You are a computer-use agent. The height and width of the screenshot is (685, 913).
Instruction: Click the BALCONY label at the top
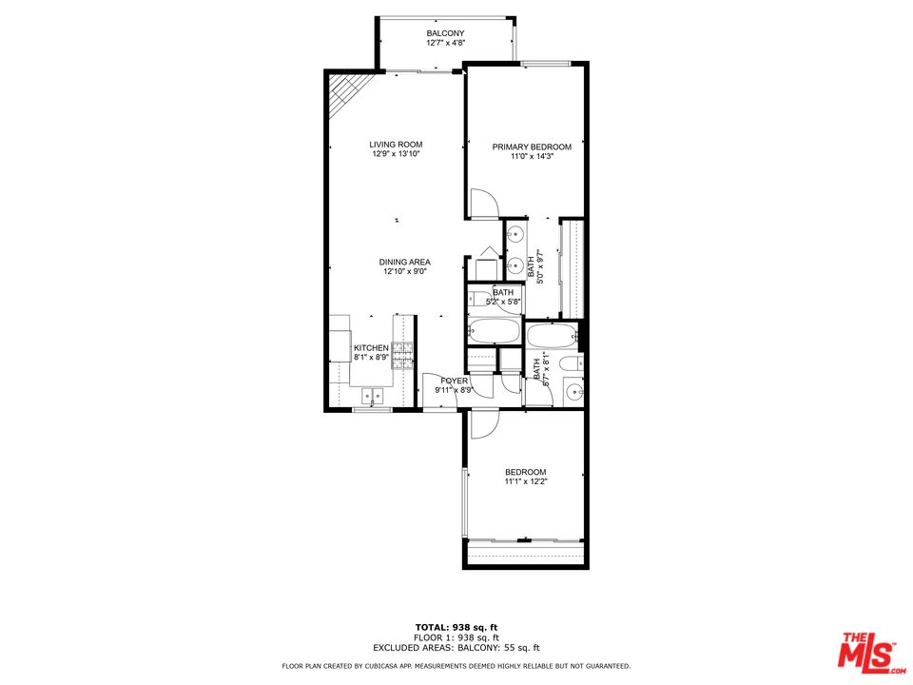pos(445,33)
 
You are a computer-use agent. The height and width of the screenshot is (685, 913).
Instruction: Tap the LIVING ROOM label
pos(396,145)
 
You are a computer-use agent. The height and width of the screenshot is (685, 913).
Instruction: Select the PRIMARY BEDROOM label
pos(532,147)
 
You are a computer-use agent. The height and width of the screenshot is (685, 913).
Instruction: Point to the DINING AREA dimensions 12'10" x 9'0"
pos(405,271)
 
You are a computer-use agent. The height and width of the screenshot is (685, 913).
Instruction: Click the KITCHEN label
pos(371,348)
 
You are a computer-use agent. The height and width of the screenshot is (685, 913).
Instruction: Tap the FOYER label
pos(454,381)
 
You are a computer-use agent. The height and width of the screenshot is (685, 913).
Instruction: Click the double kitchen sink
pos(371,394)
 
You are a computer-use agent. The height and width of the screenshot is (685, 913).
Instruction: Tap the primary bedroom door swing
pos(483,203)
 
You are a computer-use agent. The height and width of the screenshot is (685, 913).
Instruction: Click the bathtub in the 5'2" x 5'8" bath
pos(494,332)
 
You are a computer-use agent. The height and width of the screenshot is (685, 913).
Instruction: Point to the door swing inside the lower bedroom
pos(483,423)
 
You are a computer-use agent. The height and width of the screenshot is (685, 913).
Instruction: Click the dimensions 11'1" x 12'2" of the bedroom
pos(525,482)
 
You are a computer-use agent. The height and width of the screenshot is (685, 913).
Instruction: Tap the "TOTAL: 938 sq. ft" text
pos(456,626)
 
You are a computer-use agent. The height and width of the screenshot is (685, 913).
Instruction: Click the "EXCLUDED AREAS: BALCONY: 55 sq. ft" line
pos(456,647)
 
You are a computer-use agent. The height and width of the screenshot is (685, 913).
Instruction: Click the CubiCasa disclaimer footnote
pos(456,666)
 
